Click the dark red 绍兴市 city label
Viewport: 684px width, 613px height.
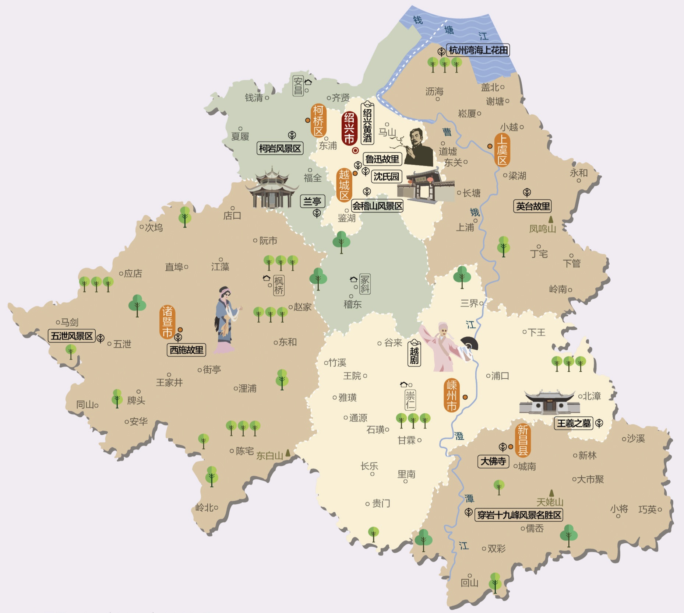[349, 128]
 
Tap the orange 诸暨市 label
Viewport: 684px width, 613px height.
[168, 322]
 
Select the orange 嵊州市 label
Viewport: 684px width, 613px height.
[451, 395]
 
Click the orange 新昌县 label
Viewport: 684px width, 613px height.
[523, 440]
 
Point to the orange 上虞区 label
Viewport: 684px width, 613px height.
[502, 150]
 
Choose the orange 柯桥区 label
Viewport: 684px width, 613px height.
[318, 120]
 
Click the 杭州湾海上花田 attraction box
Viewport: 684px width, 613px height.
[478, 50]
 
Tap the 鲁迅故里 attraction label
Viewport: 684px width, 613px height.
[382, 159]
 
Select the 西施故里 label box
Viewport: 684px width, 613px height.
[186, 350]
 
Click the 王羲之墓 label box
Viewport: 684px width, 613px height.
[574, 423]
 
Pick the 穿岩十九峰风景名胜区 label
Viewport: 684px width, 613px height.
[519, 515]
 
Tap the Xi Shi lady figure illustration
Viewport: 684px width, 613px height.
[225, 319]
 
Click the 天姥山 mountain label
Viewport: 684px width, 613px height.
[550, 502]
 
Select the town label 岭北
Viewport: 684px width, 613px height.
[205, 508]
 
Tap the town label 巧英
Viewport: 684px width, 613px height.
[648, 509]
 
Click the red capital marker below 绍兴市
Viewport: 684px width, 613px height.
[355, 150]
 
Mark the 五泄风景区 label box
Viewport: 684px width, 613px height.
[72, 336]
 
